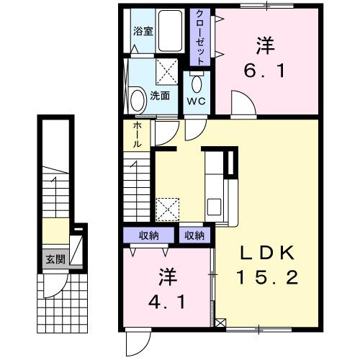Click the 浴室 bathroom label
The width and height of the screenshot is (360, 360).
click(x=143, y=32)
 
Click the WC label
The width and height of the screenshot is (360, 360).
click(x=197, y=100)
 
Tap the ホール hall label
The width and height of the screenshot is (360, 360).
click(x=137, y=135)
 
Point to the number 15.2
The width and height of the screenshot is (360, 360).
click(x=267, y=278)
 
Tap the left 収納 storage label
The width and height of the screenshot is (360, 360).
click(x=148, y=235)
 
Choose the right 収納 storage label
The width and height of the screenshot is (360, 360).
click(x=194, y=235)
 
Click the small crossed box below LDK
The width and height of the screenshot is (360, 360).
click(x=220, y=323)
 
